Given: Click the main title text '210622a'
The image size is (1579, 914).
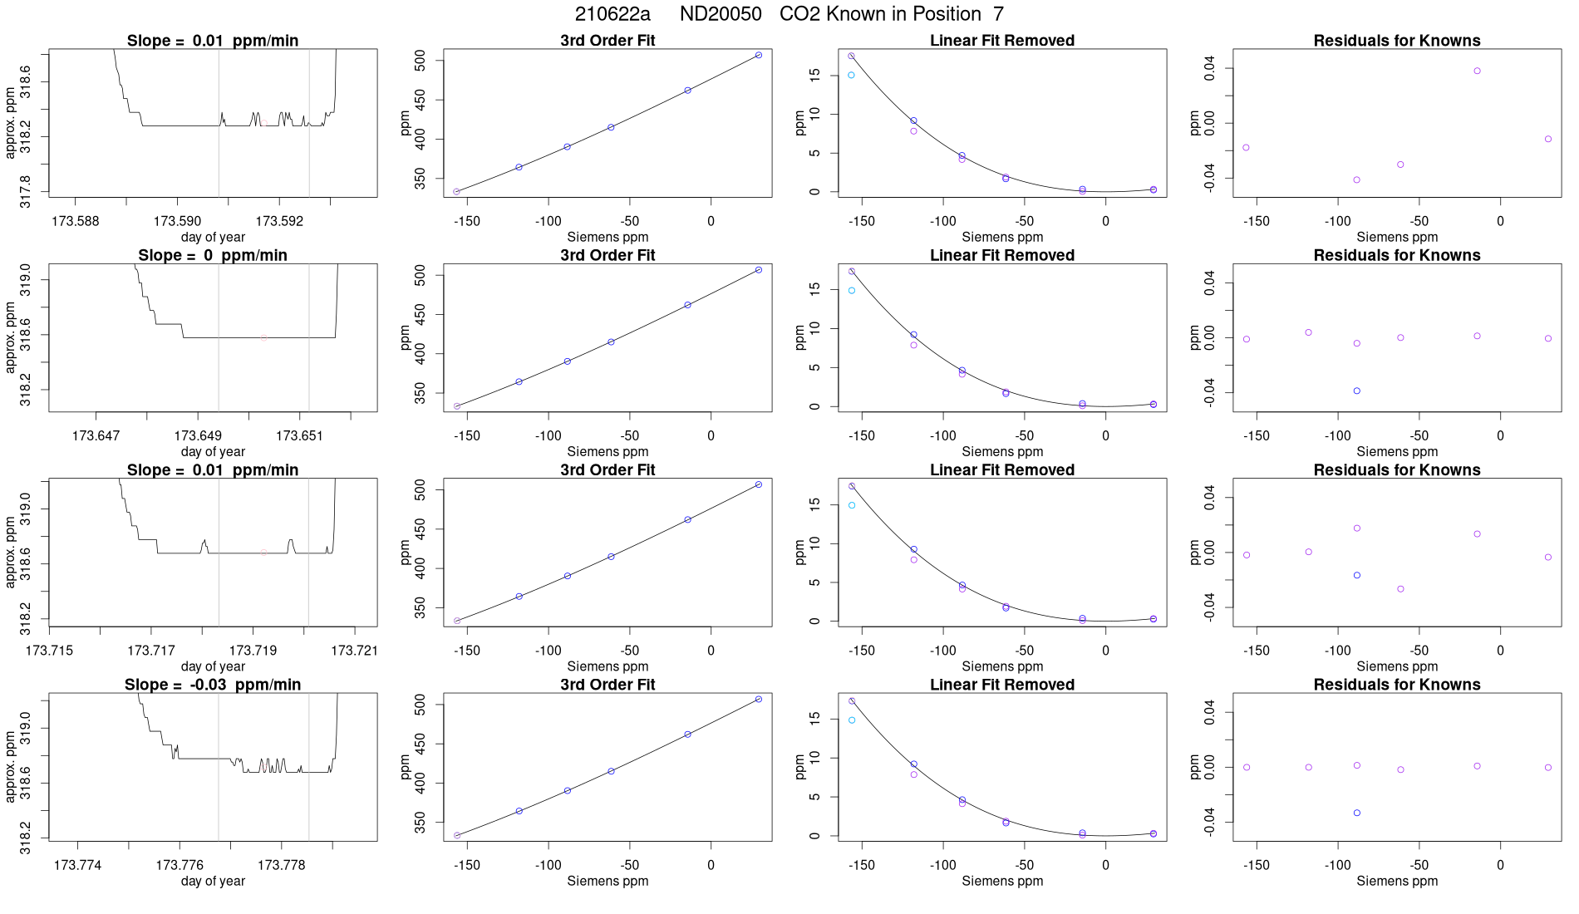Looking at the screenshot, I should [x=612, y=14].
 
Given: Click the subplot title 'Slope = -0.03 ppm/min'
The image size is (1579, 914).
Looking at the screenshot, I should [x=213, y=685].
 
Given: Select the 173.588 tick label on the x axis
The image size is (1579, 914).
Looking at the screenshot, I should [x=76, y=221].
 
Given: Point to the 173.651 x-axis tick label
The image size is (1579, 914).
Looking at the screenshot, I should [x=299, y=435].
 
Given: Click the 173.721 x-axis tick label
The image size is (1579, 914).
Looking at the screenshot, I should [x=354, y=650].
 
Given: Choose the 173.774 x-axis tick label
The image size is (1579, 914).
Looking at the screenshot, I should [x=77, y=865].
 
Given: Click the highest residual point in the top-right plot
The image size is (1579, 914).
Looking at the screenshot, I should [x=1477, y=71].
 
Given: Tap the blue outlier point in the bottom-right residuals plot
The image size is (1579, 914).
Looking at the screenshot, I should [x=1357, y=813].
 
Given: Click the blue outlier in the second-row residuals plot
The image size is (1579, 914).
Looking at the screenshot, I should [x=1357, y=391].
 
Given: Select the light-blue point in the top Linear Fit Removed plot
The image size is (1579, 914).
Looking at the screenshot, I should [x=851, y=75].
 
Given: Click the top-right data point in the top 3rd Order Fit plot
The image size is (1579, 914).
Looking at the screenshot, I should [x=759, y=55].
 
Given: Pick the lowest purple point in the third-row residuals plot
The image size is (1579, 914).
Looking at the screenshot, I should [x=1400, y=589].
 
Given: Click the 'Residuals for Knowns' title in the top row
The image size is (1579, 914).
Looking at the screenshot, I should [x=1396, y=41].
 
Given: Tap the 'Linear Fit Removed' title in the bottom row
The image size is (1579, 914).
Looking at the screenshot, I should [x=1001, y=685].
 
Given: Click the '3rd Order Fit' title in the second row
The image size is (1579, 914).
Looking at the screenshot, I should [x=607, y=255].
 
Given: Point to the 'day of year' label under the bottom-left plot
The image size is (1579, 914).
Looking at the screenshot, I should [x=213, y=881].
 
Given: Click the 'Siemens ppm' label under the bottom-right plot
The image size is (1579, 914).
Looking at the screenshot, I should [x=1396, y=881].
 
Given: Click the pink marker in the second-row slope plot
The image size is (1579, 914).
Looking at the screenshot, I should [x=264, y=337].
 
